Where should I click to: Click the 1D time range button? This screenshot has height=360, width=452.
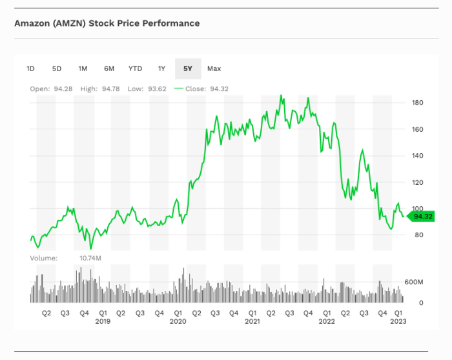30,69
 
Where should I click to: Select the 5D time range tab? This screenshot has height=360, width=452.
57,69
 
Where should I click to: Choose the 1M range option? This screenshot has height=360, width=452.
83,69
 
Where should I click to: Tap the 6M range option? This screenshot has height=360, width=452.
109,69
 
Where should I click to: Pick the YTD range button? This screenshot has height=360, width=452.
135,69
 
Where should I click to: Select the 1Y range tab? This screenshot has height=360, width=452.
161,69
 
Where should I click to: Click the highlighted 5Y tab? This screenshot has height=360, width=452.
188,69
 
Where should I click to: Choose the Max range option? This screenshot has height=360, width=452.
214,69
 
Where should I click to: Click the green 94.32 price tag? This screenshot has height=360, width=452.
422,217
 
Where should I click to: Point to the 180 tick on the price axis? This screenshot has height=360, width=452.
417,103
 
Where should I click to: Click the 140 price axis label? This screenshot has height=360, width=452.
417,156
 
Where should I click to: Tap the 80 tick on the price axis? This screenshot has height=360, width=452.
418,235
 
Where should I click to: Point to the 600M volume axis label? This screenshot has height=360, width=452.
413,282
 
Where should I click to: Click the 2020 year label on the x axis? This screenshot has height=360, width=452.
178,321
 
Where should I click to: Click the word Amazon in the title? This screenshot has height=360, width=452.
32,23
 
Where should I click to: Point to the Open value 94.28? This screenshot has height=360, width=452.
64,89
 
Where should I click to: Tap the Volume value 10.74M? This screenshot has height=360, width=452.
90,258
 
